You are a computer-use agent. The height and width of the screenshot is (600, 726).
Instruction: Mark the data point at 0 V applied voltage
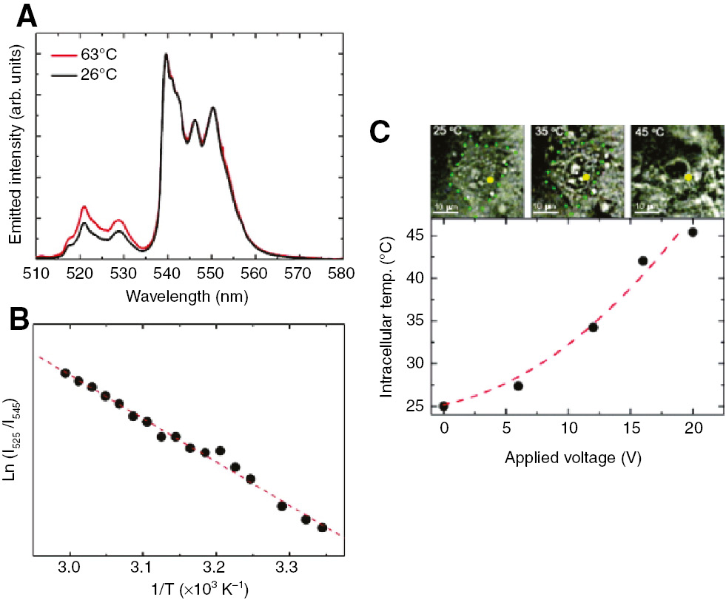[x=444, y=406]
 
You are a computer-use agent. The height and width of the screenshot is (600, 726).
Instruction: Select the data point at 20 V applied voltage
[x=693, y=232]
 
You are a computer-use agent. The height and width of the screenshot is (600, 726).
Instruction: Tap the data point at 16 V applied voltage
[x=642, y=260]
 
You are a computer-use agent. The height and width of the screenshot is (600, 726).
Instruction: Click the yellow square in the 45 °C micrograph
[x=688, y=178]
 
